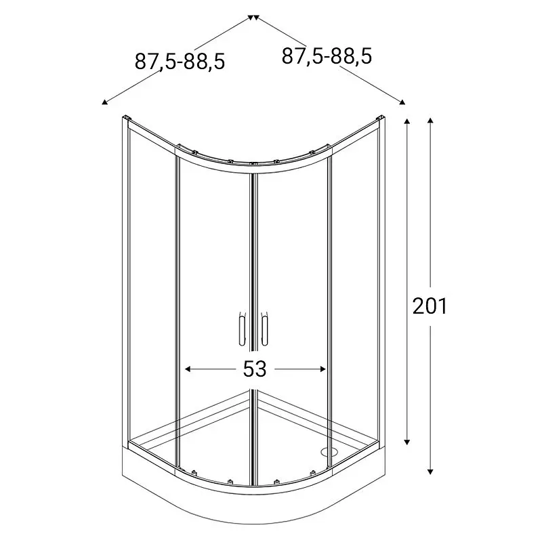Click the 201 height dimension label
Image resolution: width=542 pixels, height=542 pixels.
click(430, 306)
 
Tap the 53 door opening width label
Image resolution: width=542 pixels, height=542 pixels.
click(255, 369)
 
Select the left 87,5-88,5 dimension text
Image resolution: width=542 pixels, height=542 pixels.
click(180, 62)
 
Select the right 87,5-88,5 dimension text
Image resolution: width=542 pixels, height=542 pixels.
click(327, 56)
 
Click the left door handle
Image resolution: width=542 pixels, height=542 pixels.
click(242, 329)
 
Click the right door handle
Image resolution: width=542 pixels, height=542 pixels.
click(264, 329)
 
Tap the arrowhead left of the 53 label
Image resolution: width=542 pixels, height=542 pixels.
click(188, 369)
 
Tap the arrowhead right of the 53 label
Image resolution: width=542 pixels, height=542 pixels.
click(323, 369)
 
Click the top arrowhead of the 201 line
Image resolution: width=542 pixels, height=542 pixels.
click(430, 121)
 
